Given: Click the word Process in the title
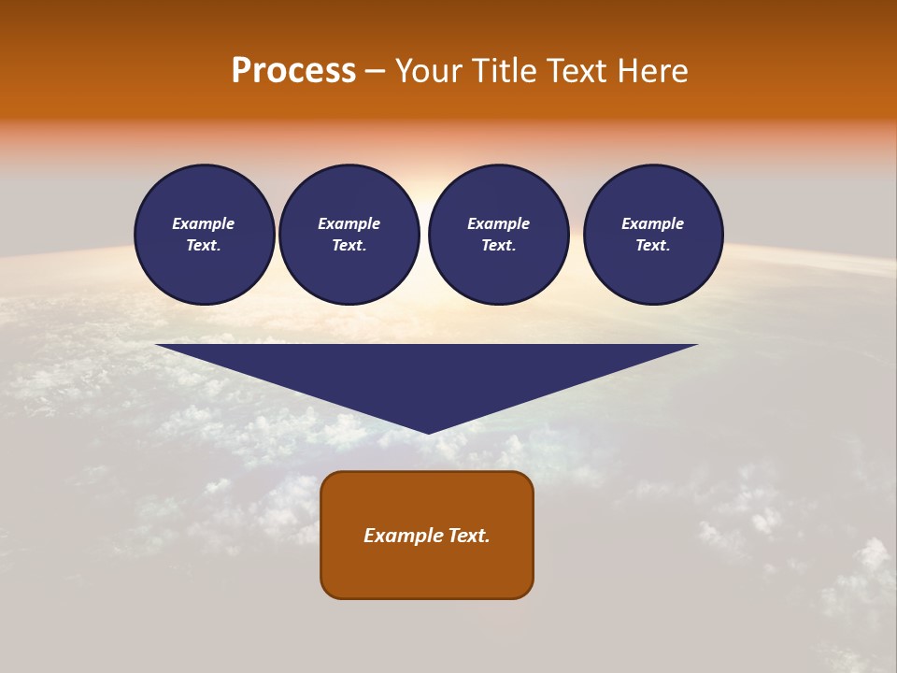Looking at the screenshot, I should click(x=293, y=71).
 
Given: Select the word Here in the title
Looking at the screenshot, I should click(x=651, y=71).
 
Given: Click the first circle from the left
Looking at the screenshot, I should click(x=204, y=235).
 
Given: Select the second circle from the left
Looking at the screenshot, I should click(x=349, y=235).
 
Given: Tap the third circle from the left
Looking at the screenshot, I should click(x=498, y=235).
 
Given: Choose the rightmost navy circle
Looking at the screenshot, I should click(x=653, y=235).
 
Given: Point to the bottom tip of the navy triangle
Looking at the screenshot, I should click(x=428, y=431).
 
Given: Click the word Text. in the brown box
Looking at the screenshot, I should click(x=466, y=536).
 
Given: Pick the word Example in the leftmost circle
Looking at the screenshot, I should click(x=204, y=223).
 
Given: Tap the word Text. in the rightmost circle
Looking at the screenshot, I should click(x=653, y=246).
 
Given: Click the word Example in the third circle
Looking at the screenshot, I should click(x=498, y=223).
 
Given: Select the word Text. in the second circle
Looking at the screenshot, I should click(x=349, y=246).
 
